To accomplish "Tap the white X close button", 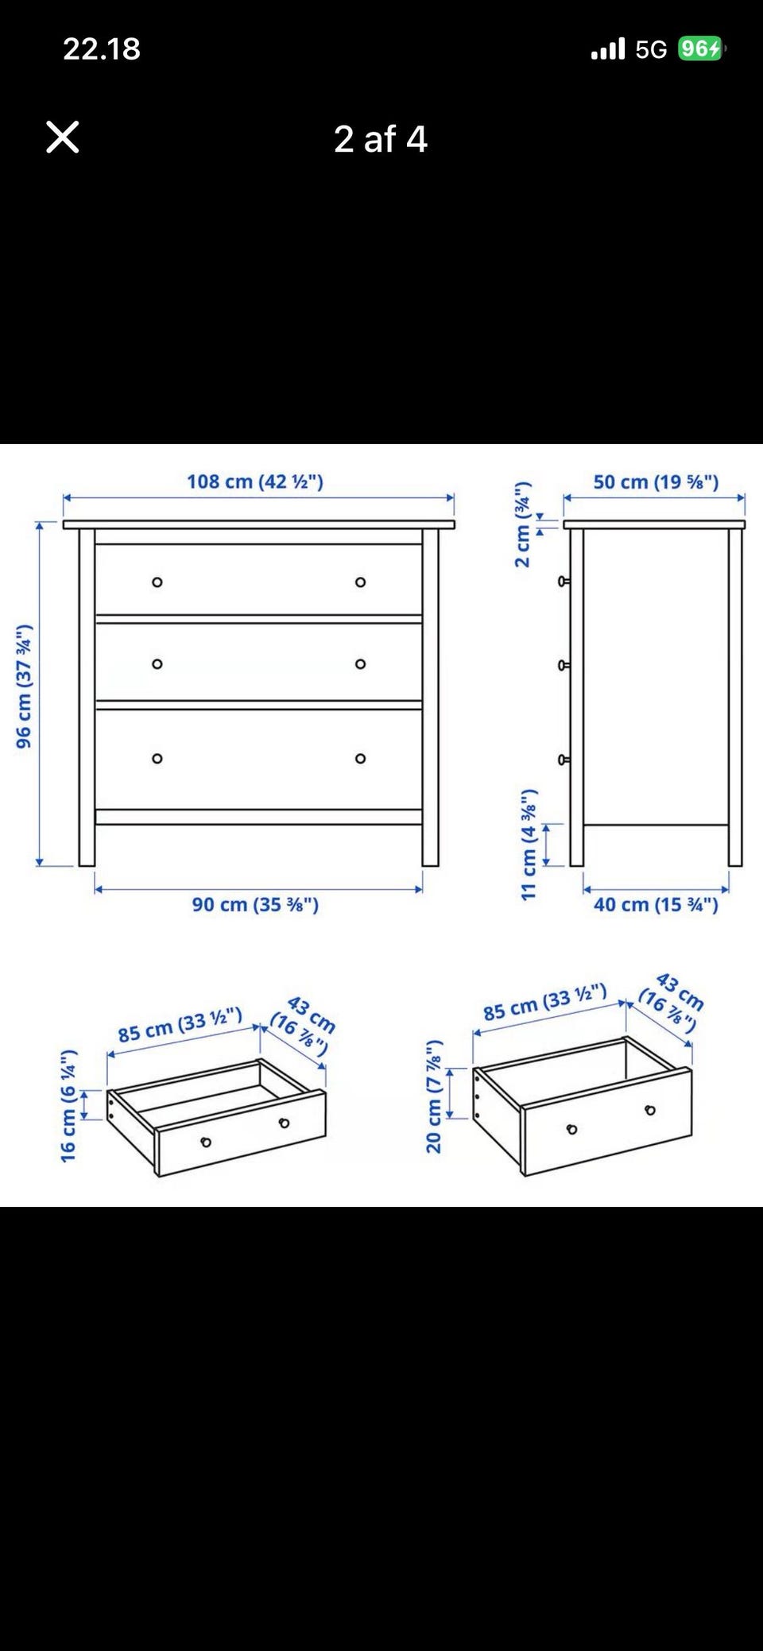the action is tap(63, 137).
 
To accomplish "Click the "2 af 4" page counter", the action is tap(381, 140).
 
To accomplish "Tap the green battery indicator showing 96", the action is tap(700, 49).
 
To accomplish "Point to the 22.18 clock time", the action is tap(102, 49).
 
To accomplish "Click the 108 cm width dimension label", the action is tap(255, 481).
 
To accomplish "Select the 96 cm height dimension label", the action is tap(24, 686).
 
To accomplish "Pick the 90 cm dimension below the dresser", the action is tap(255, 904).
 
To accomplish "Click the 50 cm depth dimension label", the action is tap(656, 481).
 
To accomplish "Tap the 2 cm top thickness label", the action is tap(522, 524).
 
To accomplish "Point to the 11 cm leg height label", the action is tap(529, 845).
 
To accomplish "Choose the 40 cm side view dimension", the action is tap(656, 904).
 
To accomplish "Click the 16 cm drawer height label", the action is tap(68, 1105).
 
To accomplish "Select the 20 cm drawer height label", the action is tap(433, 1096).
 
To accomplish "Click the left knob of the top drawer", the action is tap(157, 582).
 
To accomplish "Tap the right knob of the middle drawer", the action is tap(361, 664).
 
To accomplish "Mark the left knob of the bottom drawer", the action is tap(157, 759).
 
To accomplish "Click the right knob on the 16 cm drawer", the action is tap(285, 1123).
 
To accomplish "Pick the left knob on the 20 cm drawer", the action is tap(572, 1129).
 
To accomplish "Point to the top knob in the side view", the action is tap(564, 582).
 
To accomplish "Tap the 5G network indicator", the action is tap(651, 50).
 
